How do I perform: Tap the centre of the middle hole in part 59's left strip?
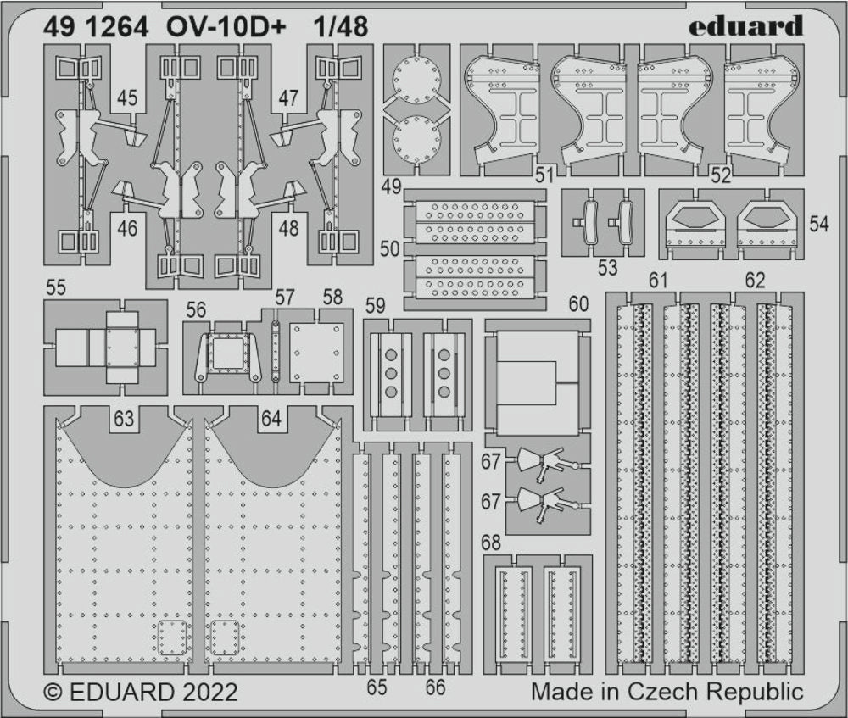390,374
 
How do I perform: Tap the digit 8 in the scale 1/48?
359,26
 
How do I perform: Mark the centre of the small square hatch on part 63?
172,637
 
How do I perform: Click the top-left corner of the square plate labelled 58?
290,323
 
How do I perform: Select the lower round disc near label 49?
416,137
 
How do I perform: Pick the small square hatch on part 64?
225,637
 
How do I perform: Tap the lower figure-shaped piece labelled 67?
547,503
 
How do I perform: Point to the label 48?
288,228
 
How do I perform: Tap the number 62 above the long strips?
755,280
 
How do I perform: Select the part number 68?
490,543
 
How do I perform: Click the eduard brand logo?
745,26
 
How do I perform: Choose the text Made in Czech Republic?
667,692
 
